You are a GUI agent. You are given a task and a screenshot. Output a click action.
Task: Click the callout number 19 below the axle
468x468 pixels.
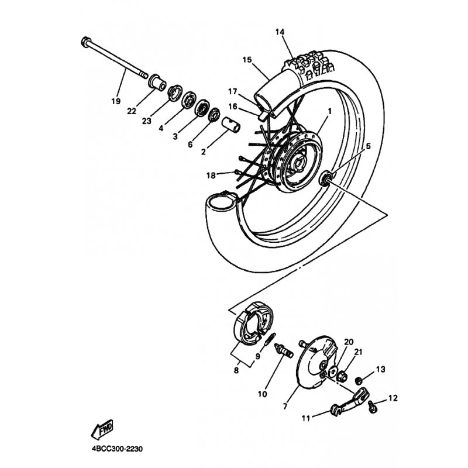pos(116,101)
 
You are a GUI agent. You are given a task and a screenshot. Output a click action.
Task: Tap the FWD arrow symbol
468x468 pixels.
pos(102,429)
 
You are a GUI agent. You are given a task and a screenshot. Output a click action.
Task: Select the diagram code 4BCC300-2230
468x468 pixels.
pos(118,449)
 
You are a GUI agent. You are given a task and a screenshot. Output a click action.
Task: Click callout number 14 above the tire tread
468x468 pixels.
pos(280,32)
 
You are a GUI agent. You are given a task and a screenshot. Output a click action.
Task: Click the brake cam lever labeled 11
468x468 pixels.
pos(349,402)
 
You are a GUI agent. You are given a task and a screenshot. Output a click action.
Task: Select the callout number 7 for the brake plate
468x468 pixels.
pos(284,407)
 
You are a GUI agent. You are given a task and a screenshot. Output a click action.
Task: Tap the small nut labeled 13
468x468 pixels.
pos(359,380)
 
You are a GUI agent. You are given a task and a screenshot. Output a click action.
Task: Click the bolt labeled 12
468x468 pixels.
pos(373,406)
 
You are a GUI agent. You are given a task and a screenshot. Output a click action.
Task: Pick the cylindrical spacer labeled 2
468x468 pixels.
pos(230,125)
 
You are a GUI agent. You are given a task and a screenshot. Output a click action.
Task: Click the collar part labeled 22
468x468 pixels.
pos(157,82)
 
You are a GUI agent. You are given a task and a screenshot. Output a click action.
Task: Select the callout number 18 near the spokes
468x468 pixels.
pos(211,175)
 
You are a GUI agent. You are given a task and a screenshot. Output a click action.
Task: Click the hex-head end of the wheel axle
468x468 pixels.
pos(85,41)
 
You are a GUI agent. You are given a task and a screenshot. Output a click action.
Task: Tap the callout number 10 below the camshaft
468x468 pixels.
pos(262,394)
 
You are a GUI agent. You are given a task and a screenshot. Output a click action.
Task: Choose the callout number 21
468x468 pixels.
pos(358,352)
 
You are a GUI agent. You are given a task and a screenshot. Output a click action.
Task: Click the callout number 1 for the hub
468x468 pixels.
pos(330,111)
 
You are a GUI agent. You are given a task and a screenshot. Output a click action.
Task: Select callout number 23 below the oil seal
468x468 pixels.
pos(147,121)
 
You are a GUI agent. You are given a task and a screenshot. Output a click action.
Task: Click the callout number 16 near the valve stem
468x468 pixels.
pos(233,106)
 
